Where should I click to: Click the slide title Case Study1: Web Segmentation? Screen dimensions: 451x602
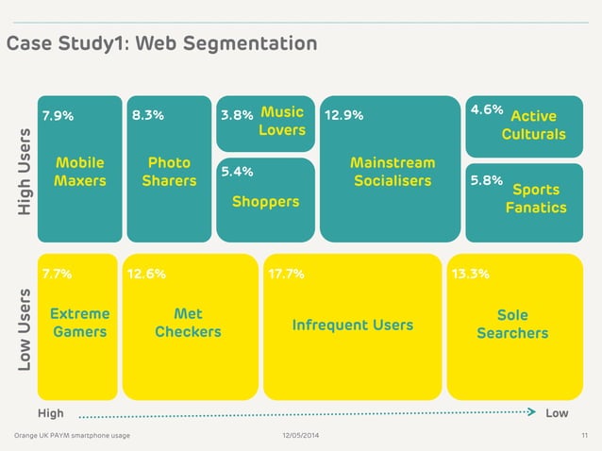click(x=161, y=43)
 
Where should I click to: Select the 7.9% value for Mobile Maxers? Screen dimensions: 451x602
click(x=57, y=116)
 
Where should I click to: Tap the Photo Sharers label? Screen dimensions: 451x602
click(x=169, y=172)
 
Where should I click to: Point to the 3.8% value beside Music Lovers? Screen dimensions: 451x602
click(x=236, y=116)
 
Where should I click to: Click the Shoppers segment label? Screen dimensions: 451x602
click(x=265, y=202)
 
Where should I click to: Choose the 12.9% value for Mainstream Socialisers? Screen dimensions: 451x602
click(x=344, y=116)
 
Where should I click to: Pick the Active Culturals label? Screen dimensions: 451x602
click(x=533, y=125)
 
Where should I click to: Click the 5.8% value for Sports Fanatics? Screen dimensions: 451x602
click(x=486, y=180)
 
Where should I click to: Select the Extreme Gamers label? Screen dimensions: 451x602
click(x=79, y=323)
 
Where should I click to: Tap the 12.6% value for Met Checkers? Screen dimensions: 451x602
click(x=146, y=275)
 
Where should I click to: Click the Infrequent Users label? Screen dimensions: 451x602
click(x=352, y=325)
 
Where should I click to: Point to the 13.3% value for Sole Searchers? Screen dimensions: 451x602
click(x=471, y=275)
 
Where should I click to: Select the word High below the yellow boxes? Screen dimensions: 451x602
click(x=51, y=413)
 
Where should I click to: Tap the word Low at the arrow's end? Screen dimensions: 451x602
click(x=557, y=413)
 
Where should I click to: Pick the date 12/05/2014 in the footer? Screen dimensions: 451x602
click(x=301, y=435)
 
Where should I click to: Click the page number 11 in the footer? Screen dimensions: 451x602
click(x=583, y=435)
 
